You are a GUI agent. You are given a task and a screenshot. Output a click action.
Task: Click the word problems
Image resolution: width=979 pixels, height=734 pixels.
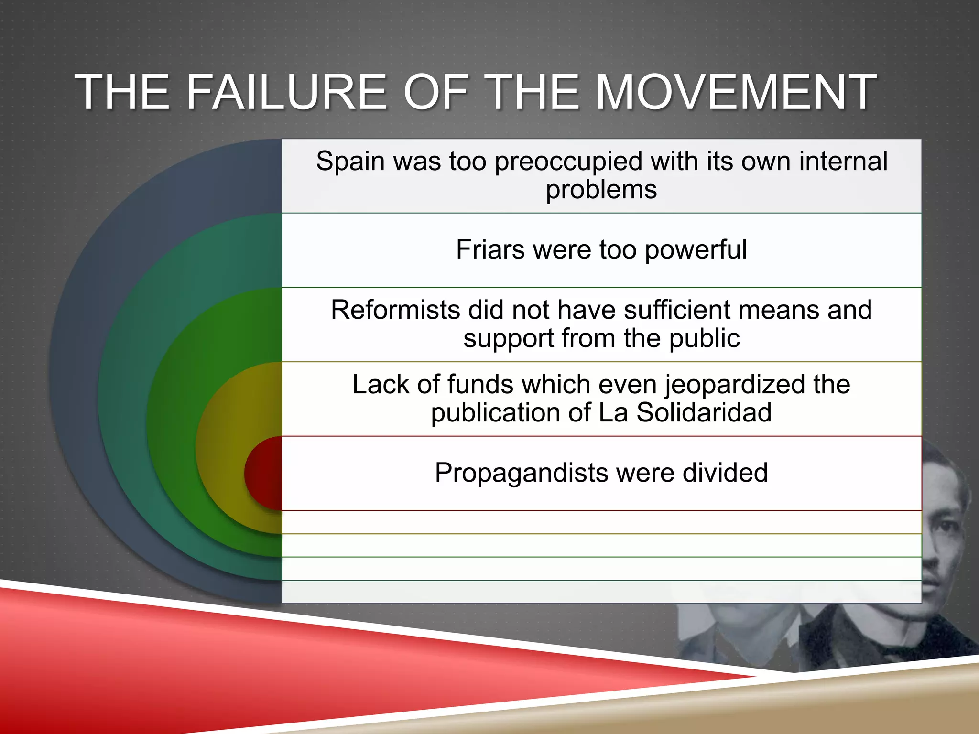(x=601, y=190)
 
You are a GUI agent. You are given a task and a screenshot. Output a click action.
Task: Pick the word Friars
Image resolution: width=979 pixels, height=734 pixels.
(x=490, y=249)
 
